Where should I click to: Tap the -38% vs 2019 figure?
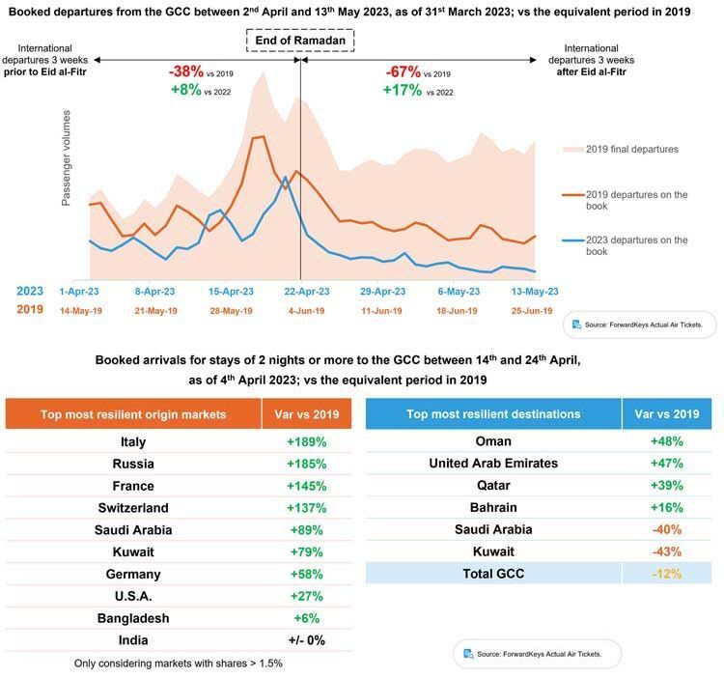point(201,72)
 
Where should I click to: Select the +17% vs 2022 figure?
point(418,90)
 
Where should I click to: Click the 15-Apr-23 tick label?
point(231,292)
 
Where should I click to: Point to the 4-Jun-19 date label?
point(306,311)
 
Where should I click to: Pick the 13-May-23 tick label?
point(535,292)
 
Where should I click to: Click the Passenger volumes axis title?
point(66,157)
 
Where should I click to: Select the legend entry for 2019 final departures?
point(621,149)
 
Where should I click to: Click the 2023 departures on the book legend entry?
point(626,245)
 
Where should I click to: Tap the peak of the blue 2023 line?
point(286,177)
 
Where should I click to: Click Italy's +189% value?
point(307,442)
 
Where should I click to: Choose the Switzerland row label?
point(133,508)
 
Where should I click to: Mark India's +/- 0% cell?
point(307,640)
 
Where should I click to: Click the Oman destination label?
point(493,441)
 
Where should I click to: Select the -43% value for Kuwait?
point(667,551)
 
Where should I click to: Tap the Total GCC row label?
point(493,574)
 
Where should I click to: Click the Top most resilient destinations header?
point(493,413)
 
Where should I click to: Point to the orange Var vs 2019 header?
point(307,414)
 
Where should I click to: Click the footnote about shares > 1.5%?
point(179,664)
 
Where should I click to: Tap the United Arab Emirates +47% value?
point(667,464)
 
